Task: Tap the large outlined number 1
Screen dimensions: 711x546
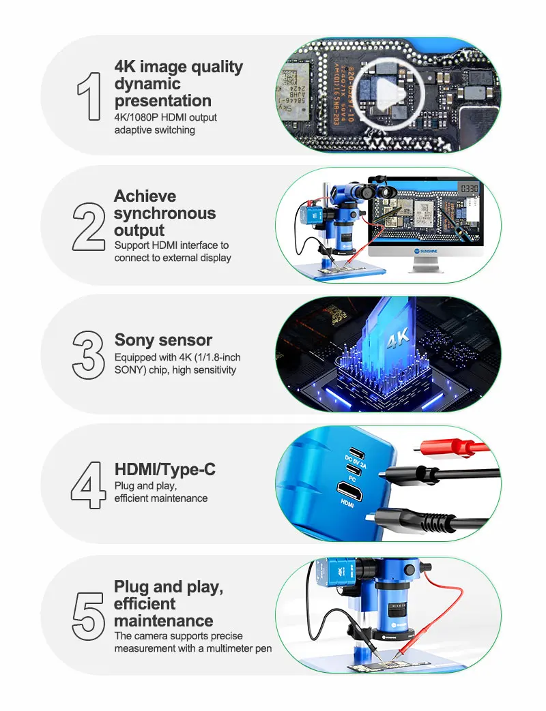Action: pos(89,96)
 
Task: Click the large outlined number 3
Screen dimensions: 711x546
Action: pos(88,354)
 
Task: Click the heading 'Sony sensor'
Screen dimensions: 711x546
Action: pos(163,339)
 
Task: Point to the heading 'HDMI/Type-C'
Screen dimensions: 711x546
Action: pos(164,469)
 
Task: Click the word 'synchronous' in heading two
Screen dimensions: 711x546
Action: pos(164,213)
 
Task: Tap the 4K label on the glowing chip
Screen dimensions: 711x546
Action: pos(397,339)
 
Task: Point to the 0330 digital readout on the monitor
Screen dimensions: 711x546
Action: pos(468,187)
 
